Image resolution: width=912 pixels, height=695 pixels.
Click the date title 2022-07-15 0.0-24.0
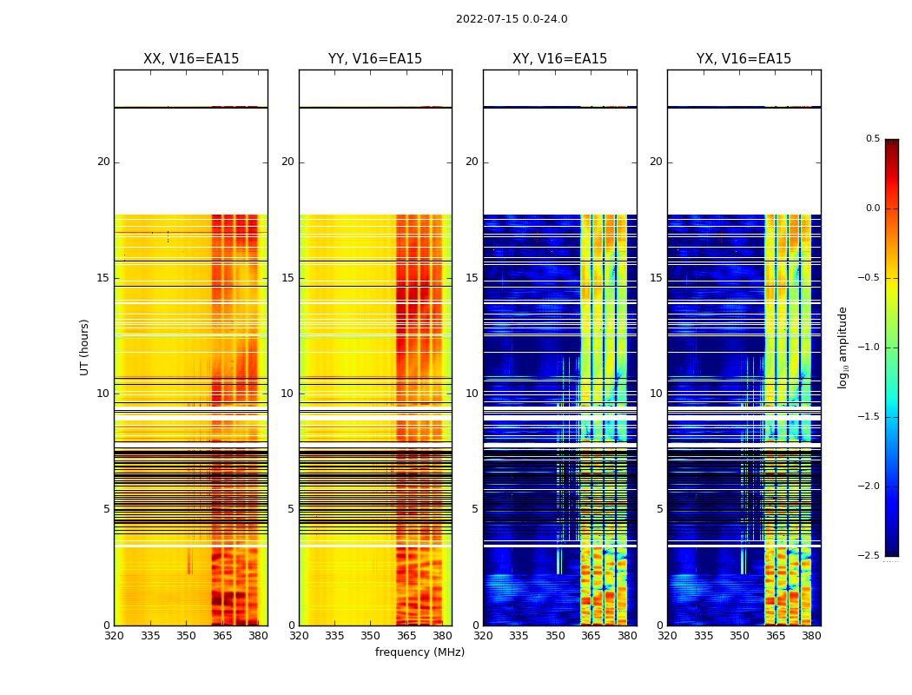512,19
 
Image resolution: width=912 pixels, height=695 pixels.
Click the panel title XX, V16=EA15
191,59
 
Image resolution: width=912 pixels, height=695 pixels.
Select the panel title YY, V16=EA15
375,59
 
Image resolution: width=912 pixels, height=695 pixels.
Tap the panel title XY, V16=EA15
559,59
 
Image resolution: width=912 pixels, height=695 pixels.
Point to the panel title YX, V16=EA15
743,59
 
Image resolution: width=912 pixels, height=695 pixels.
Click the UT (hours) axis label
85,347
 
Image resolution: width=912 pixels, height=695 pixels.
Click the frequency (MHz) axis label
420,652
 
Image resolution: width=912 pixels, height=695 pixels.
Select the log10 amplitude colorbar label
843,347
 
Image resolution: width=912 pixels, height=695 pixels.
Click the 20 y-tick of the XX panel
103,162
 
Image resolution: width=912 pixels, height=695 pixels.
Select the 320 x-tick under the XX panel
114,635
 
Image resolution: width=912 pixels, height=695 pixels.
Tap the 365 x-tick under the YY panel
406,635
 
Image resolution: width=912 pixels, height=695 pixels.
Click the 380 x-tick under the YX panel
811,635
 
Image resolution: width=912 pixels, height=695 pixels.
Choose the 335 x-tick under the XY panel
519,635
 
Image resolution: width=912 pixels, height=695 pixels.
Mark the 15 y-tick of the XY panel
472,278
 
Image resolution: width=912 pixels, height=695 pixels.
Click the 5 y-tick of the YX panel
659,509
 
